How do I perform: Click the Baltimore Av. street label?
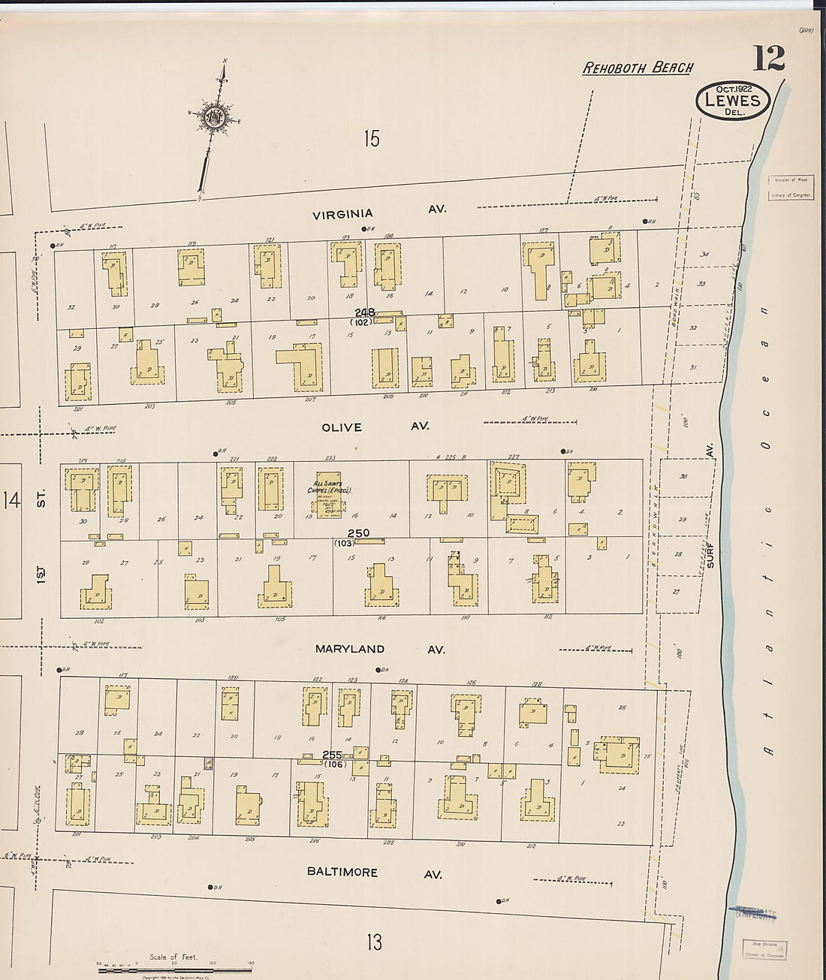coord(373,873)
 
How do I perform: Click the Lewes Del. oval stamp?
coord(733,101)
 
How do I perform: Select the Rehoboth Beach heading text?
coord(638,68)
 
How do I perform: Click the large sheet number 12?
coord(769,59)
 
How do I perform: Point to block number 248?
coord(365,312)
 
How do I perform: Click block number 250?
coord(358,533)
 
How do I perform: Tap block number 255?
coord(332,755)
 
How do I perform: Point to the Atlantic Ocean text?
coord(766,526)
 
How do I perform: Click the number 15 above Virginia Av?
coord(371,139)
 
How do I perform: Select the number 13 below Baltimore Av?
coord(374,941)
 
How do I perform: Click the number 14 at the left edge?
coord(11,500)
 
